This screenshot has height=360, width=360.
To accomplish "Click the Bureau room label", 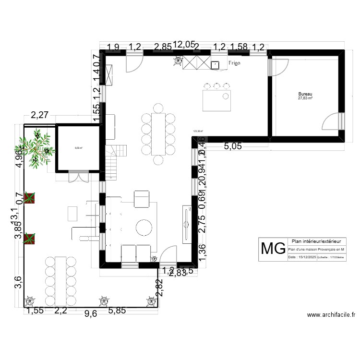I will click(x=305, y=94).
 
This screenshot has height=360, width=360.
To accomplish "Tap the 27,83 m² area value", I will click(x=305, y=98).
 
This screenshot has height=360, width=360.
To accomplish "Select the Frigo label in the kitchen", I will click(x=234, y=63).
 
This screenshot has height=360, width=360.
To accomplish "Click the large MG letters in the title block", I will click(x=272, y=249).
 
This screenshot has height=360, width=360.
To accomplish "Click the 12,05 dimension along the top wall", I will click(x=184, y=45).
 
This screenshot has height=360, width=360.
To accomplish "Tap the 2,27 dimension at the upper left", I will click(x=40, y=115).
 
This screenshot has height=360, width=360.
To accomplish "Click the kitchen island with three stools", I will click(x=217, y=100).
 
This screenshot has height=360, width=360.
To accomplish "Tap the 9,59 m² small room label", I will click(x=78, y=148).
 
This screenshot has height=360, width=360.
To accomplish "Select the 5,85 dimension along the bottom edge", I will click(x=118, y=312).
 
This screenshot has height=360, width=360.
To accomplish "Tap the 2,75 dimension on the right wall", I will click(x=202, y=224).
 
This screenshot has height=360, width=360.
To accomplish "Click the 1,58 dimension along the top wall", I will click(x=239, y=47).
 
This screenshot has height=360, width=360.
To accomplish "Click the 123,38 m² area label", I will click(x=198, y=130).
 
